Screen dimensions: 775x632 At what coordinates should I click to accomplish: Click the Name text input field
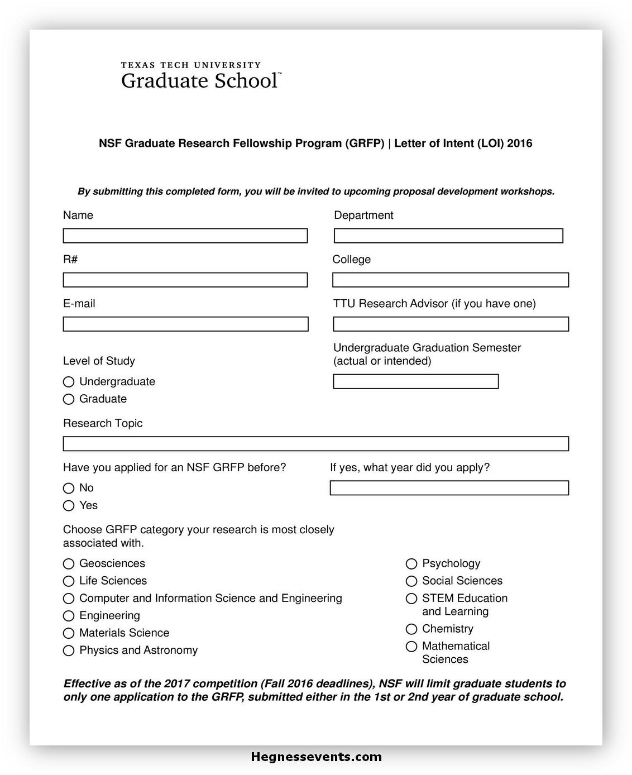point(185,236)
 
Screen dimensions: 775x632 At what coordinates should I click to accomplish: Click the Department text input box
point(448,236)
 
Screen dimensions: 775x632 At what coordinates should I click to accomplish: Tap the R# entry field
point(185,280)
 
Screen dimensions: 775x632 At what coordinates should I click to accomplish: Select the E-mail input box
point(185,324)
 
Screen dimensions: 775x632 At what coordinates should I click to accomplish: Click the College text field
point(451,280)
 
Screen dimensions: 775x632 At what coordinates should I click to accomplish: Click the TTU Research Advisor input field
point(451,324)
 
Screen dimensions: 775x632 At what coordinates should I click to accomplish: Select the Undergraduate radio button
point(69,382)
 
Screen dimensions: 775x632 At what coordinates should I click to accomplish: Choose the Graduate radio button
point(69,399)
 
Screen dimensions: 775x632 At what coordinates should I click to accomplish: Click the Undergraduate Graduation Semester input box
point(416,381)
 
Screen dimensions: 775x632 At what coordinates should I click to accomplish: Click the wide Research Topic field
point(316,444)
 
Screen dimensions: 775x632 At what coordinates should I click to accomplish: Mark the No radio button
point(69,489)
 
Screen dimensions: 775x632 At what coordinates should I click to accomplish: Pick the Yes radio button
point(69,506)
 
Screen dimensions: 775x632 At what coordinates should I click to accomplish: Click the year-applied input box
point(449,488)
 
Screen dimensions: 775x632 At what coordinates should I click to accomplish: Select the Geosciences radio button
point(69,564)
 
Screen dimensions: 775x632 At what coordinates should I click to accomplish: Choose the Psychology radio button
point(411,564)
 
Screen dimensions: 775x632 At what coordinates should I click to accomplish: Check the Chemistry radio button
point(411,629)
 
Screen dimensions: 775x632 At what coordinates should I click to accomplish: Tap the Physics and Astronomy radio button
point(69,650)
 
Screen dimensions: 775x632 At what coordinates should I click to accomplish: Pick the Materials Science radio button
point(69,633)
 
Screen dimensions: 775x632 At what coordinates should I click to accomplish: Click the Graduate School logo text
point(199,81)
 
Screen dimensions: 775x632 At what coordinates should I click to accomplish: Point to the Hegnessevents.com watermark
point(317,757)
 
